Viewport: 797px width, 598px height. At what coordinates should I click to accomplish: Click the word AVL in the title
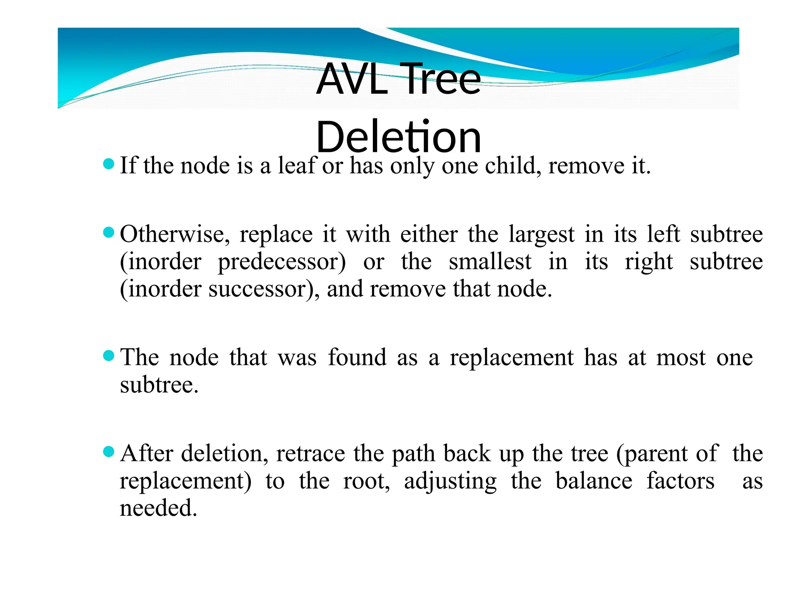[x=352, y=79]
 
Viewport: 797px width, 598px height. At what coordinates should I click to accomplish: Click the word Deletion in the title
[x=398, y=137]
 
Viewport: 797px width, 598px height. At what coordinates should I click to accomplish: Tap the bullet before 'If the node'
[x=109, y=164]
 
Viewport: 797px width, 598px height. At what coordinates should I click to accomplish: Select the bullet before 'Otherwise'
[x=109, y=233]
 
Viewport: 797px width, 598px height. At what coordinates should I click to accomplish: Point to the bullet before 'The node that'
[x=109, y=355]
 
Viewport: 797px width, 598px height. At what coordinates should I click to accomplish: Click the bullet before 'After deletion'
[x=109, y=452]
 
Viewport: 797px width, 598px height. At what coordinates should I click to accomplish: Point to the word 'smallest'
[x=490, y=262]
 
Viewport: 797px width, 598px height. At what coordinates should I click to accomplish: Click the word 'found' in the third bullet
[x=357, y=357]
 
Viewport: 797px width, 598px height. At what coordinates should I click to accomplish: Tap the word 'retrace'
[x=311, y=454]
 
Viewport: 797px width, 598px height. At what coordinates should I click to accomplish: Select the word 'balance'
[x=594, y=481]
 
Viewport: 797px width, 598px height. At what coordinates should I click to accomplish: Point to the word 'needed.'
[x=158, y=508]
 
